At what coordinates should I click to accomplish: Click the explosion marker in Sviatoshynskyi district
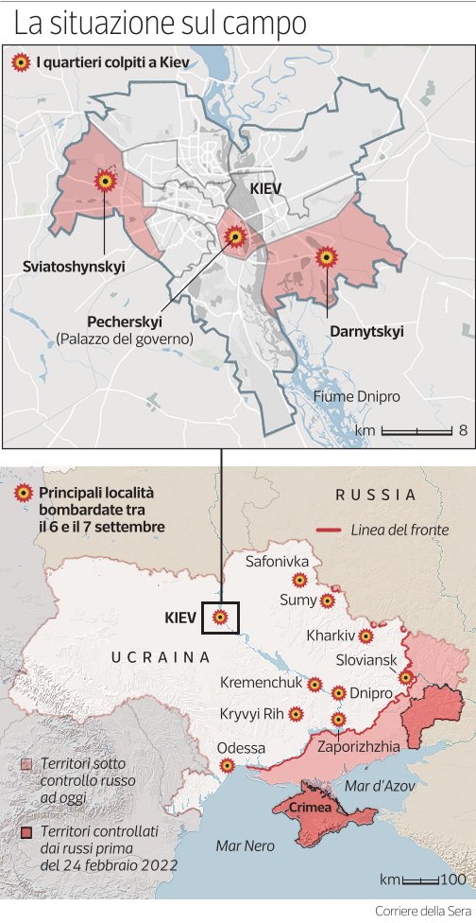pyautogui.click(x=105, y=180)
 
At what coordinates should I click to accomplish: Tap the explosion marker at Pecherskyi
pyautogui.click(x=233, y=235)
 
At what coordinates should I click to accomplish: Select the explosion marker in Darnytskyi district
pyautogui.click(x=327, y=256)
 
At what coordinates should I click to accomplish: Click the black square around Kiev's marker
pyautogui.click(x=220, y=618)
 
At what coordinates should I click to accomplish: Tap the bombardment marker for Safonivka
pyautogui.click(x=299, y=580)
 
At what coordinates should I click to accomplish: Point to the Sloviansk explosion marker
pyautogui.click(x=405, y=677)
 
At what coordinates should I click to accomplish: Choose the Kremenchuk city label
pyautogui.click(x=261, y=682)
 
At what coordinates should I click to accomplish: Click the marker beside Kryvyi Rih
pyautogui.click(x=296, y=714)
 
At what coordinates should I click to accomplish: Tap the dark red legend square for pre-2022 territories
pyautogui.click(x=27, y=831)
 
